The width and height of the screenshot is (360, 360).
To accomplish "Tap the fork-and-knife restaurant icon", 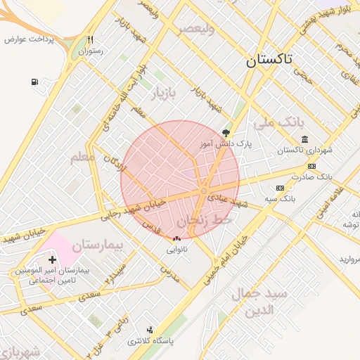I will click(90, 40).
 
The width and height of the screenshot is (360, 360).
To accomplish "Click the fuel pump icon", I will click(34, 82).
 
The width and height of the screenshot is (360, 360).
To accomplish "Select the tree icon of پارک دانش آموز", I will click(225, 131).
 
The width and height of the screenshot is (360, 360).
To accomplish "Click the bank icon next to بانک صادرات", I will click(311, 166).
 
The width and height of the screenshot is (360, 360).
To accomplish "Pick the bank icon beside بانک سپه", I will click(280, 188).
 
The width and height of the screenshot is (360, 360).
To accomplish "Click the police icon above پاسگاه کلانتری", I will click(149, 329).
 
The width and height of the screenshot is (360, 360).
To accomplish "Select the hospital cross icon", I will click(52, 259).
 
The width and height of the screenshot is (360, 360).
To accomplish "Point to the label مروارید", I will click(349, 259).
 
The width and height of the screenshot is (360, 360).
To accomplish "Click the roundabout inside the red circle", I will click(204, 191).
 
